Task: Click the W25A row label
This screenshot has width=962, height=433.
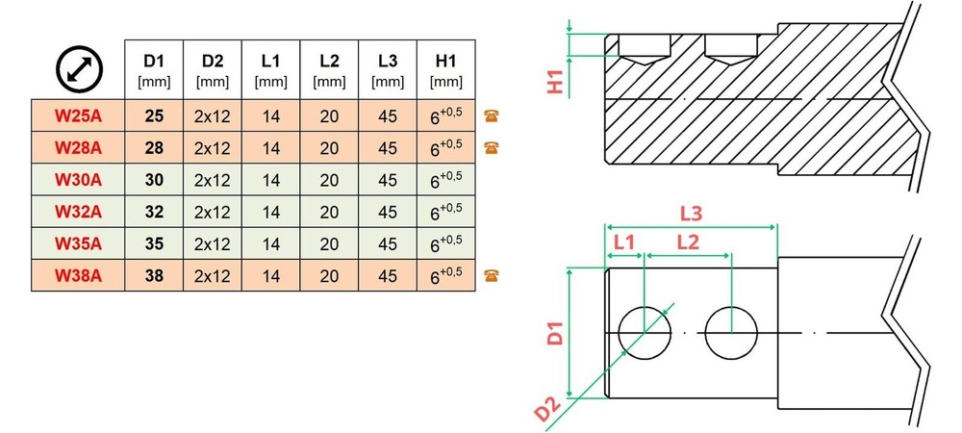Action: coord(78,115)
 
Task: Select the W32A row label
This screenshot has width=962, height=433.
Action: coord(78,212)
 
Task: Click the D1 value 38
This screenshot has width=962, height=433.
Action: coord(154,276)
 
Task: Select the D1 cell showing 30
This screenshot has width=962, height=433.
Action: coord(154,180)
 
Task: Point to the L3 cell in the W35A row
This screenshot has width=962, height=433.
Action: coord(388,244)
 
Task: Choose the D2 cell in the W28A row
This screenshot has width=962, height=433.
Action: coord(213,148)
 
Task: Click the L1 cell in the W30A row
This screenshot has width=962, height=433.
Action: coord(270,180)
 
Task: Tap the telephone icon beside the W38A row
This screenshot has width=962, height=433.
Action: coord(491,275)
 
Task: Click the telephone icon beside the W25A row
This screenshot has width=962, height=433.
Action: coord(491,115)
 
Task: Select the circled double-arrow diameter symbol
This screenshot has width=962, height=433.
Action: coord(79,69)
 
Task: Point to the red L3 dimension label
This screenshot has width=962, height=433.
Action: coord(691,214)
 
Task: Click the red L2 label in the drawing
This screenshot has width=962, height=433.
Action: coord(688,242)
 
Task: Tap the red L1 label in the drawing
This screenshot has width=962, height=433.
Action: coord(624,242)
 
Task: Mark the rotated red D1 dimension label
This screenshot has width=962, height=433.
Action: coord(555,331)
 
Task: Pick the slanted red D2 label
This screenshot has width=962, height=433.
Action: coord(547,409)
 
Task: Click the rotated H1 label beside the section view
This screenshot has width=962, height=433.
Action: coord(555,80)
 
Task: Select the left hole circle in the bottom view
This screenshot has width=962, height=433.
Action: coord(645,332)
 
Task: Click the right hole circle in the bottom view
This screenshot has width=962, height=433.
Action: coord(731,332)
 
